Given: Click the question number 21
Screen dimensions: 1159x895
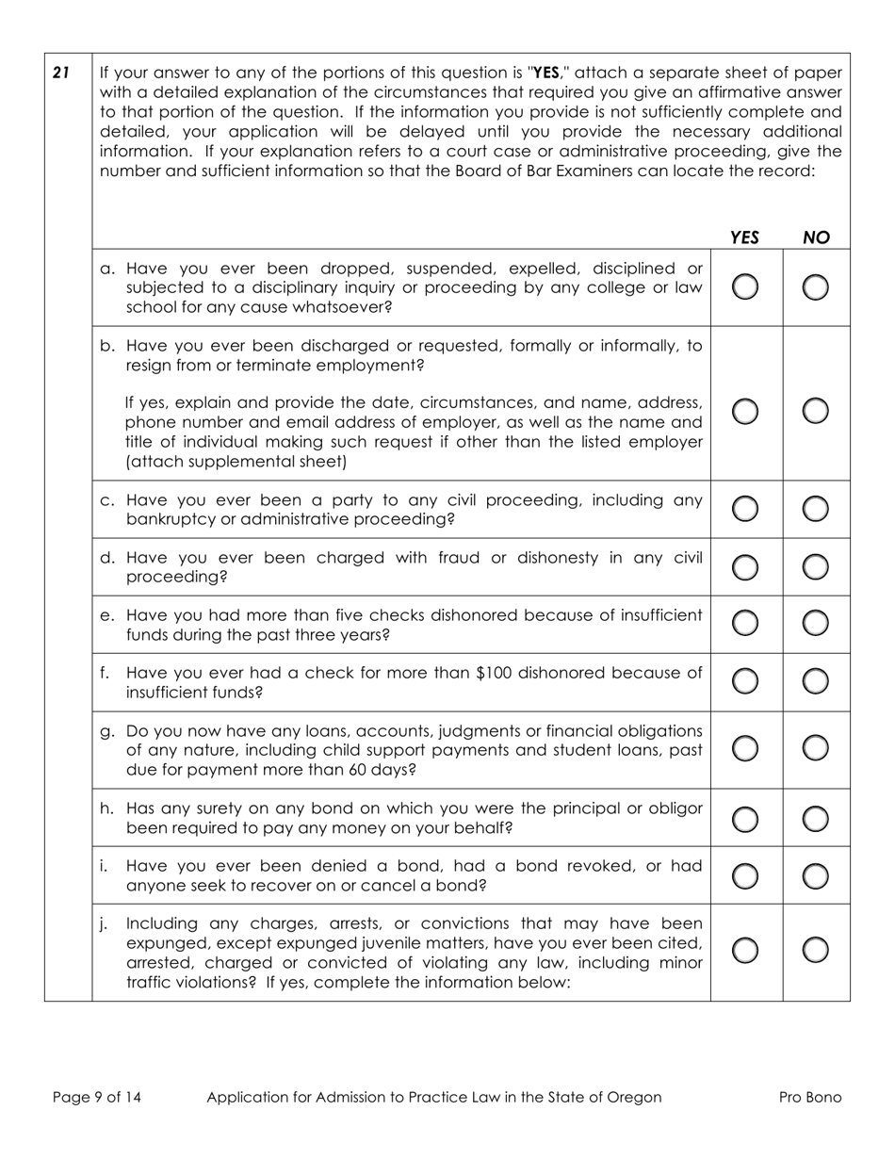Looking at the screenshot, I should tap(61, 72).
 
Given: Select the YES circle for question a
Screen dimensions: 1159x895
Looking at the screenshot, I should tap(744, 287).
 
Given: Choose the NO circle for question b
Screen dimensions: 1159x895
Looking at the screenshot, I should tap(816, 411).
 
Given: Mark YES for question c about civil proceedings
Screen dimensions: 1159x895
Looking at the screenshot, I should tap(744, 509).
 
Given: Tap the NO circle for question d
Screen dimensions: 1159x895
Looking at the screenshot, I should tap(816, 566).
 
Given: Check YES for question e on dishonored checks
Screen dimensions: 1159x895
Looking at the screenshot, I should tap(744, 623).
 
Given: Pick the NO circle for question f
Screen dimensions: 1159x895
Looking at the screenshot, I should tap(816, 680).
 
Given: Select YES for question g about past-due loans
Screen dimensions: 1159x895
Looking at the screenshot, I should tap(744, 748).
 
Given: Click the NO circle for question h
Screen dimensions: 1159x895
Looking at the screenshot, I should tap(816, 819).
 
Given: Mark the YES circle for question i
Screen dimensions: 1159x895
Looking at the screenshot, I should tap(744, 876).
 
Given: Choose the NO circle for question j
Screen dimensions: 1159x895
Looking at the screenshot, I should tap(816, 951).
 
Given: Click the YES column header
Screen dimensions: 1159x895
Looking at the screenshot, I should tap(744, 237).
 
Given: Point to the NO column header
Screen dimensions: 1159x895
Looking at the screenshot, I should tap(816, 237).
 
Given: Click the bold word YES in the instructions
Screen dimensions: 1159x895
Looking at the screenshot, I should tap(547, 73).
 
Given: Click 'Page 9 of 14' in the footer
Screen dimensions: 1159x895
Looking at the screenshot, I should tap(97, 1097).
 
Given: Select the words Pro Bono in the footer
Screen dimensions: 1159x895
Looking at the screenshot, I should tap(810, 1097).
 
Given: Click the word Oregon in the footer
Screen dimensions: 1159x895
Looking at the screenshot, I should tap(633, 1097).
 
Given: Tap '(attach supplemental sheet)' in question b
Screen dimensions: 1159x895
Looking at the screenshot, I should tap(236, 462).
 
